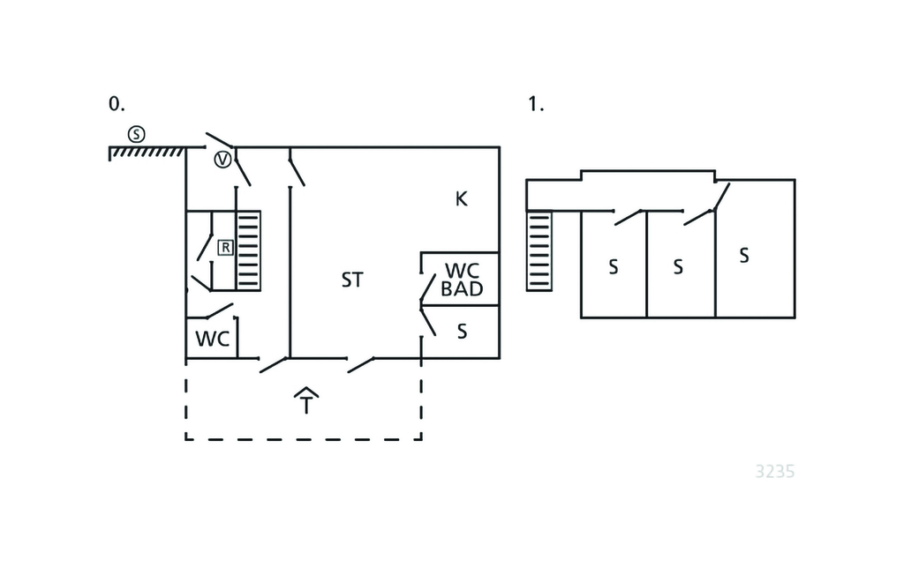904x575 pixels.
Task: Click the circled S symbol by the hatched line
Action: tap(136, 134)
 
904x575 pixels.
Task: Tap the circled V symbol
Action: tap(223, 160)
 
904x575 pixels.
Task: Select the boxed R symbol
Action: tap(225, 248)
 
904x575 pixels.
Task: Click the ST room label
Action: tap(352, 280)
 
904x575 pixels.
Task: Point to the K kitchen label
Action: tap(461, 199)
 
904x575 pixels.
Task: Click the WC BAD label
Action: tap(463, 280)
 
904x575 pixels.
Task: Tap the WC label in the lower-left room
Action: tap(212, 338)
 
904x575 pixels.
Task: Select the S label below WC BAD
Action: tap(462, 332)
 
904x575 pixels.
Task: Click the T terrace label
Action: tap(305, 407)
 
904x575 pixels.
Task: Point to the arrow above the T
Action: tap(305, 392)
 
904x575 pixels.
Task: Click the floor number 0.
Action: tap(117, 104)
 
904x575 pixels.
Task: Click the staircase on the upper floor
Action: tap(539, 250)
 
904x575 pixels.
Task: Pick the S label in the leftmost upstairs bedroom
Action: tap(613, 266)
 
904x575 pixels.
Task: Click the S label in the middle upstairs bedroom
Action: tap(678, 266)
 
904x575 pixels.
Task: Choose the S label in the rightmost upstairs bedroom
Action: tap(744, 256)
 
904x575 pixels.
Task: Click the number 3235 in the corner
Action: tap(775, 472)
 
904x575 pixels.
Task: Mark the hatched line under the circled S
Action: tap(147, 152)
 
